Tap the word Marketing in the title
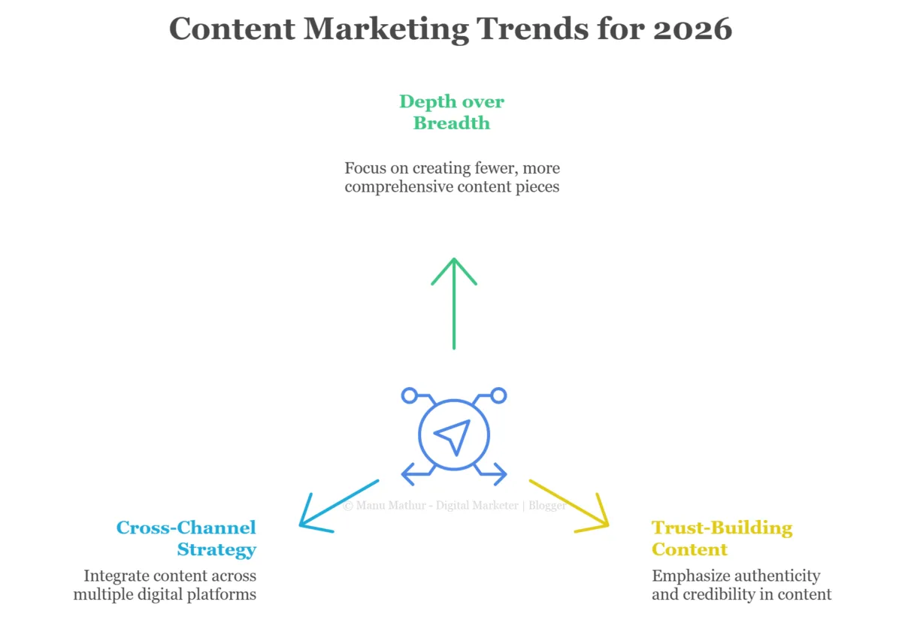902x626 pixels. click(386, 29)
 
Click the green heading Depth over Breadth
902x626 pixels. click(452, 112)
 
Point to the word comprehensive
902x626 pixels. click(398, 187)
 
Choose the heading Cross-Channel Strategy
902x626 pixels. click(187, 538)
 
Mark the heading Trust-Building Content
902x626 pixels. click(722, 538)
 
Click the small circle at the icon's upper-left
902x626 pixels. click(409, 395)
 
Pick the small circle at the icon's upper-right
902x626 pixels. click(498, 395)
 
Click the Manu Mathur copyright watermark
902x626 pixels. click(454, 506)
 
